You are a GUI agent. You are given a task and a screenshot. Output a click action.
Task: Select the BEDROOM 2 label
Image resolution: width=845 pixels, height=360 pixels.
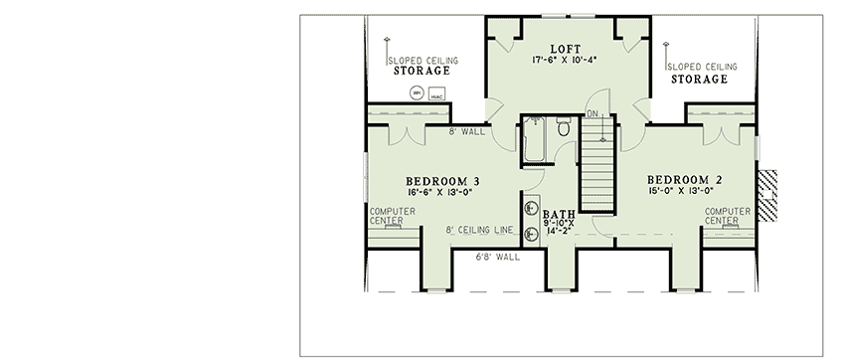click(683, 181)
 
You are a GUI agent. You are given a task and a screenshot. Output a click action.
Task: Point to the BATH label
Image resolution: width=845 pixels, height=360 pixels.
click(558, 215)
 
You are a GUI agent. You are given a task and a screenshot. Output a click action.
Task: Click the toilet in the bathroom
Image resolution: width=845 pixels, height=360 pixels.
click(564, 127)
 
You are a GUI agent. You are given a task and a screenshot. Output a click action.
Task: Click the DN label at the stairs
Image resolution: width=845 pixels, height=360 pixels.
click(592, 114)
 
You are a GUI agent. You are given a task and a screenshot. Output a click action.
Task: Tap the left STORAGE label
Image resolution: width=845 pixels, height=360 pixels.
click(422, 72)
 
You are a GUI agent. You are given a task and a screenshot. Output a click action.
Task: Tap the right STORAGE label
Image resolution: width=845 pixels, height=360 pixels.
click(698, 78)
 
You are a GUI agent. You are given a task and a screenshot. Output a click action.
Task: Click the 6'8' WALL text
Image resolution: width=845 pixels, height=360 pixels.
click(496, 257)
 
